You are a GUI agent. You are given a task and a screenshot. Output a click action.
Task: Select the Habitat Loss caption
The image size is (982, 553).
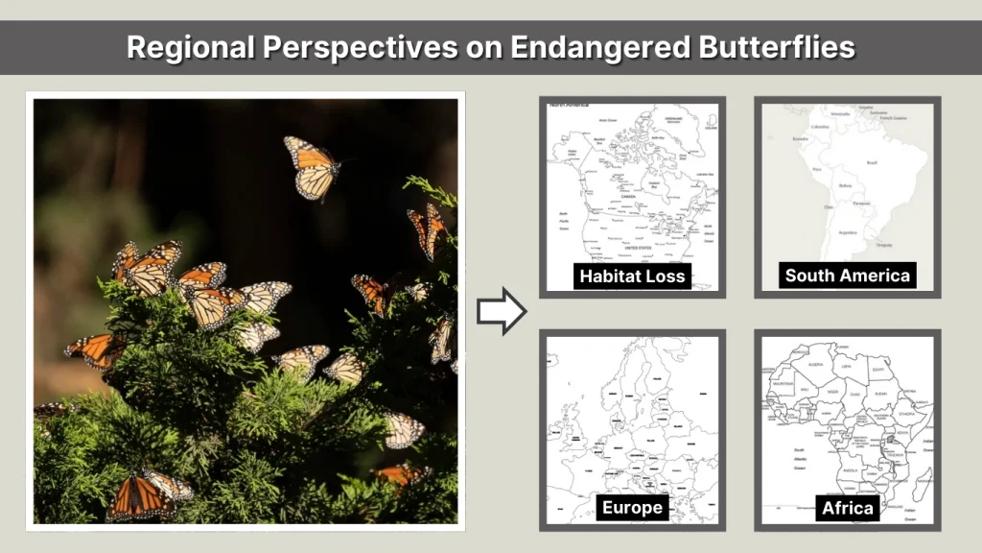click(632, 276)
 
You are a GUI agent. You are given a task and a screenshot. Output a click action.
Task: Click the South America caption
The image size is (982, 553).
click(847, 276)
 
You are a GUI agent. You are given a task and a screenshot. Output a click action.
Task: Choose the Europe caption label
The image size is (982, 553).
click(632, 507)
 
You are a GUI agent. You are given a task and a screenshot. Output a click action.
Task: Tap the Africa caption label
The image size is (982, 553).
click(847, 508)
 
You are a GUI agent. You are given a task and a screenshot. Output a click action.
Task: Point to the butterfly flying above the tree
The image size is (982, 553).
click(314, 167)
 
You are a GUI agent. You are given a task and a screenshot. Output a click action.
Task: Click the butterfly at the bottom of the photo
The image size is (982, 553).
click(146, 494)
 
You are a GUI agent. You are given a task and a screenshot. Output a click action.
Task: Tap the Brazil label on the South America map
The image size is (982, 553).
click(871, 163)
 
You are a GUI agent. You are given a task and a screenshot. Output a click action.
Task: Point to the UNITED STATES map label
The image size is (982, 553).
click(638, 247)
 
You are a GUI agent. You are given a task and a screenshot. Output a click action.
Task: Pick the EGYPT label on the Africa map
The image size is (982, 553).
click(878, 366)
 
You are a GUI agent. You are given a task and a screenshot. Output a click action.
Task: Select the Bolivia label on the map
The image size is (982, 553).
click(845, 185)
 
